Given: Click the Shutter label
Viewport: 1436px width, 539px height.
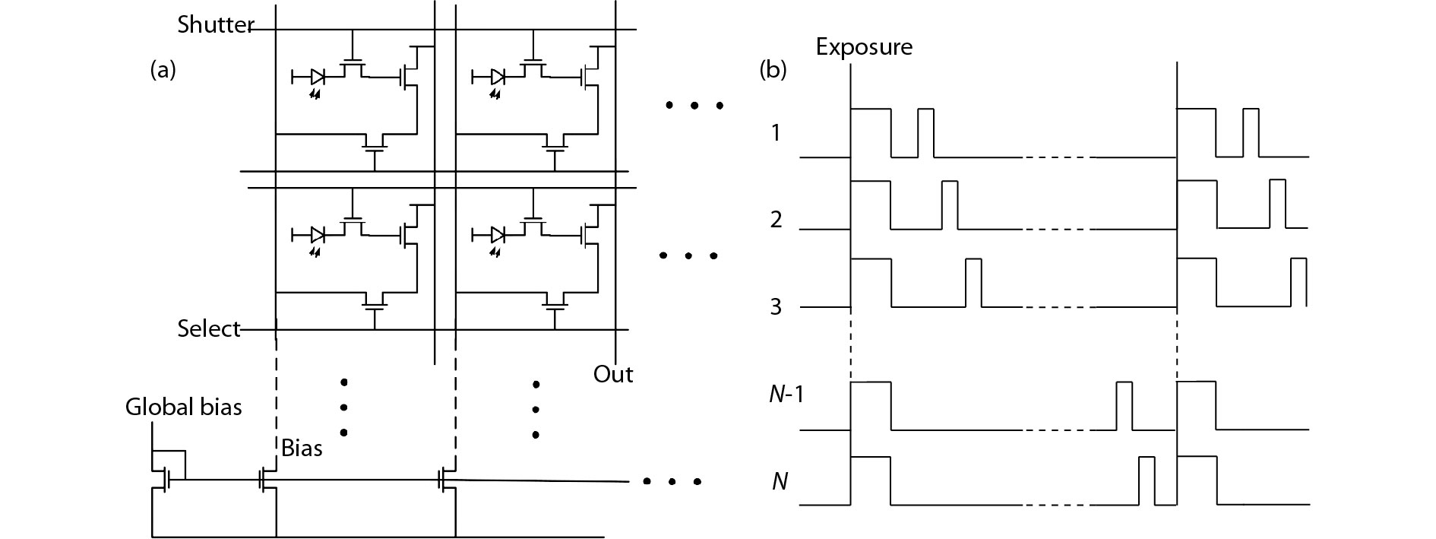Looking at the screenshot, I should [x=214, y=25].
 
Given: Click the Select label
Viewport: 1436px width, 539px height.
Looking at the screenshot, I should [x=208, y=329].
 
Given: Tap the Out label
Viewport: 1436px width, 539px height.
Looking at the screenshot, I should [x=613, y=375].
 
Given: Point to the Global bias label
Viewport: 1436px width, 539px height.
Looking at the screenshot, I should [x=183, y=407].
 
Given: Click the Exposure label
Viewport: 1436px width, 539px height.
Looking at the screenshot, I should [x=864, y=47].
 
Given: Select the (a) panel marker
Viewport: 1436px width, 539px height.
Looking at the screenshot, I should [x=163, y=71].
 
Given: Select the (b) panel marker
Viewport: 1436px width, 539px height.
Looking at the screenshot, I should [x=773, y=71].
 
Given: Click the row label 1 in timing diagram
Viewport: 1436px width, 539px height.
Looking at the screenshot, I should [x=775, y=133].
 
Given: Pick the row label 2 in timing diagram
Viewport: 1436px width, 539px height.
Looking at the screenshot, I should [x=775, y=220].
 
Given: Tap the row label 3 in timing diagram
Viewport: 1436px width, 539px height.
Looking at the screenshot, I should [x=775, y=307].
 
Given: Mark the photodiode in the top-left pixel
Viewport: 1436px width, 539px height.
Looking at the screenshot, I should [x=318, y=77].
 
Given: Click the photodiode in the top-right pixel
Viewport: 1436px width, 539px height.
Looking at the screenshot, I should [x=498, y=77].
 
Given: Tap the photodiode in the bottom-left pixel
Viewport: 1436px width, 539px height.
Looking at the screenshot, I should [x=318, y=234].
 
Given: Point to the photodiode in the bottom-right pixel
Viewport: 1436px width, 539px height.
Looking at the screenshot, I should [x=498, y=234].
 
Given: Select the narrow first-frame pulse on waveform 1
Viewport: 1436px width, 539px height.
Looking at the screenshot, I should [x=925, y=133].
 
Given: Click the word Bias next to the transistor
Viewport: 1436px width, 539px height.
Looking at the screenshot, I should [x=302, y=449].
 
